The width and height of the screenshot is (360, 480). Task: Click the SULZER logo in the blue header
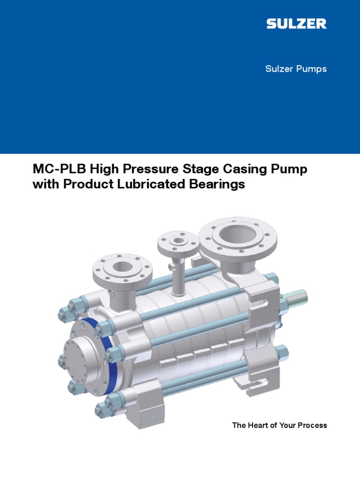(296, 24)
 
